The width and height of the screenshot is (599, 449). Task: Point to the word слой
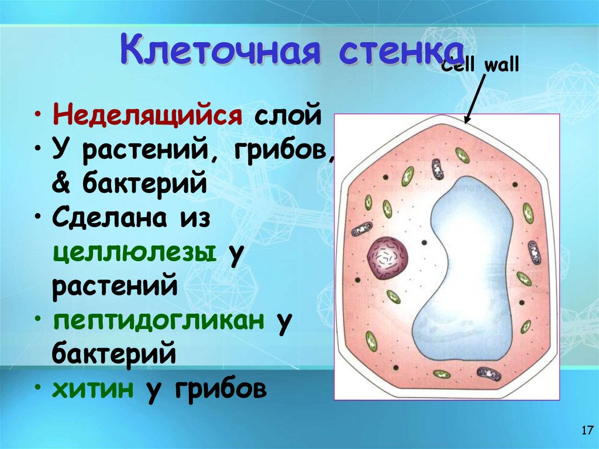287,114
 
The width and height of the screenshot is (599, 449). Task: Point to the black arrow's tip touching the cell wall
466,123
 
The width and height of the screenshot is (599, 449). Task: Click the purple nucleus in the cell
387,257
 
